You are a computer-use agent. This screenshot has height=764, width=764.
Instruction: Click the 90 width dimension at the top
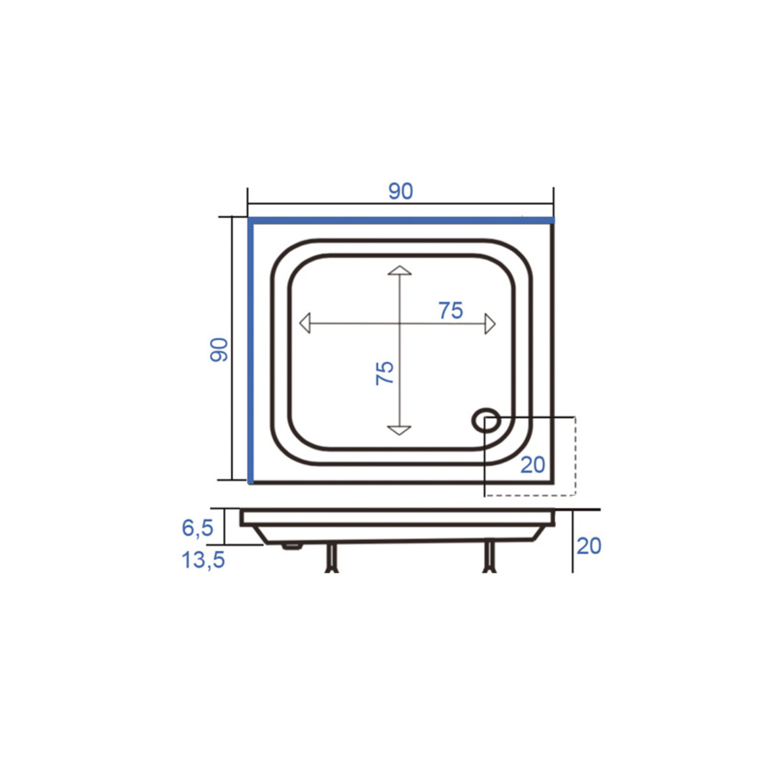coord(400,191)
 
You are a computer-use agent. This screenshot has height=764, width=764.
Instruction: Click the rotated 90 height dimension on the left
coord(219,350)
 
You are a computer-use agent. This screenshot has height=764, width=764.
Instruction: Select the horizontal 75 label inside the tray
coord(451,311)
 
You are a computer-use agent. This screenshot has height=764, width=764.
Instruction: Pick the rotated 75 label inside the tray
coord(385,373)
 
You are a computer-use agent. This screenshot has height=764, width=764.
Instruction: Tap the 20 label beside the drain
coord(533,465)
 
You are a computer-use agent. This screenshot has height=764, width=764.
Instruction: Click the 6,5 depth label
coord(197,528)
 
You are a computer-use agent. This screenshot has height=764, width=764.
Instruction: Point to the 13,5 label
coord(203,560)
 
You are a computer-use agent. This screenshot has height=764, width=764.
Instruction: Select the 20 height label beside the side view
coord(589,546)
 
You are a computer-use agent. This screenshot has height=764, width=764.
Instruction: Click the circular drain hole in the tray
coord(486,420)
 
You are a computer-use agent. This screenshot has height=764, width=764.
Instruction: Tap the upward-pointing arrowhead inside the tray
coord(399,271)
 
